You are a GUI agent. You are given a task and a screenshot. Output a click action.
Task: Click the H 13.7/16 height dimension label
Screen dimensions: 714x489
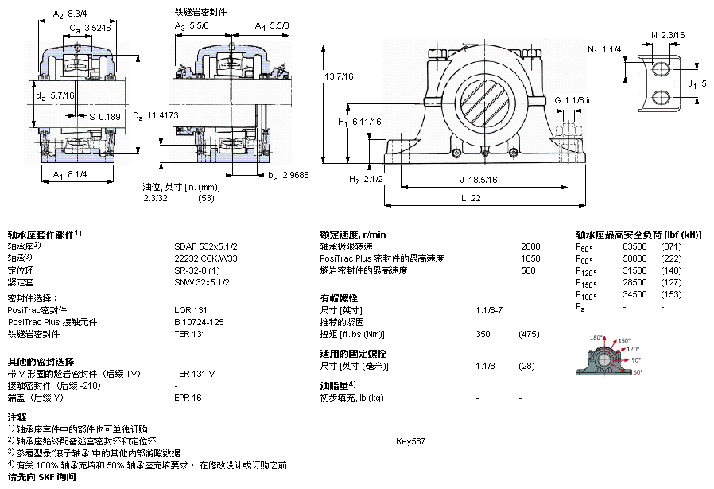pyautogui.click(x=334, y=76)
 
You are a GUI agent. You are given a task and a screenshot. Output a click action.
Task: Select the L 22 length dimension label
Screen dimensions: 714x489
pyautogui.click(x=471, y=198)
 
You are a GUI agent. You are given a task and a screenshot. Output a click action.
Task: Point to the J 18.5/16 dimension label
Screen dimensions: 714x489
pyautogui.click(x=478, y=180)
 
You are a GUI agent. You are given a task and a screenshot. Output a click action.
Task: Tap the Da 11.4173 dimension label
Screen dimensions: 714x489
pyautogui.click(x=156, y=115)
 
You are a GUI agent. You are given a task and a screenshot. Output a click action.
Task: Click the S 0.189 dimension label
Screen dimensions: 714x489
pyautogui.click(x=105, y=117)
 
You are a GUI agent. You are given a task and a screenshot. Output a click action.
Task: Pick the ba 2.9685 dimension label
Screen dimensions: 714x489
pyautogui.click(x=289, y=175)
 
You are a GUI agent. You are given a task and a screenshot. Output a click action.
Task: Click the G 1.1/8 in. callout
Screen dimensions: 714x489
pyautogui.click(x=575, y=100)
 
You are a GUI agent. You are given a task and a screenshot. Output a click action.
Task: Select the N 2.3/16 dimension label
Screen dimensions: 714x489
pyautogui.click(x=668, y=35)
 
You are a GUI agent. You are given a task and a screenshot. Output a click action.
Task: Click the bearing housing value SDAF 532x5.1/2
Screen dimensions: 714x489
pyautogui.click(x=206, y=246)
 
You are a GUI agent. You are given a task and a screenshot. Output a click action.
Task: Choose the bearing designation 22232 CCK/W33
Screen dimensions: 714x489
pyautogui.click(x=206, y=258)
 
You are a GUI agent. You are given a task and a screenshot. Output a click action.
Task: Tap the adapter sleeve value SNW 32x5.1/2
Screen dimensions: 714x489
pyautogui.click(x=202, y=282)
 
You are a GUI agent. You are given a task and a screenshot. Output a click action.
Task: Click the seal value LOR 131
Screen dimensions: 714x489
pyautogui.click(x=190, y=310)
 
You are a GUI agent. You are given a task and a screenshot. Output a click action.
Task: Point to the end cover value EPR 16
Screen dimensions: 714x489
pyautogui.click(x=188, y=398)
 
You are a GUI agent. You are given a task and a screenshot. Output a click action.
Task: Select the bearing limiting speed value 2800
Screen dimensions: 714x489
pyautogui.click(x=530, y=246)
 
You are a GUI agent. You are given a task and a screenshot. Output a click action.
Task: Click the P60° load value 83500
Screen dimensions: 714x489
pyautogui.click(x=634, y=246)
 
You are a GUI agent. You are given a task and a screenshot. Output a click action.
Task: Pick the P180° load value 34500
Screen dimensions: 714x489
pyautogui.click(x=634, y=294)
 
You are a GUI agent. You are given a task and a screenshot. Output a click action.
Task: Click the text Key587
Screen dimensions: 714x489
pyautogui.click(x=411, y=441)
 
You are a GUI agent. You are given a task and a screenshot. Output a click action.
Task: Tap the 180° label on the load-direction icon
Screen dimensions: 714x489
pyautogui.click(x=596, y=337)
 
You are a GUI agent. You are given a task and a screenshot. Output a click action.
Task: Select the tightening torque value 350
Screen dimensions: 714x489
pyautogui.click(x=483, y=334)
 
